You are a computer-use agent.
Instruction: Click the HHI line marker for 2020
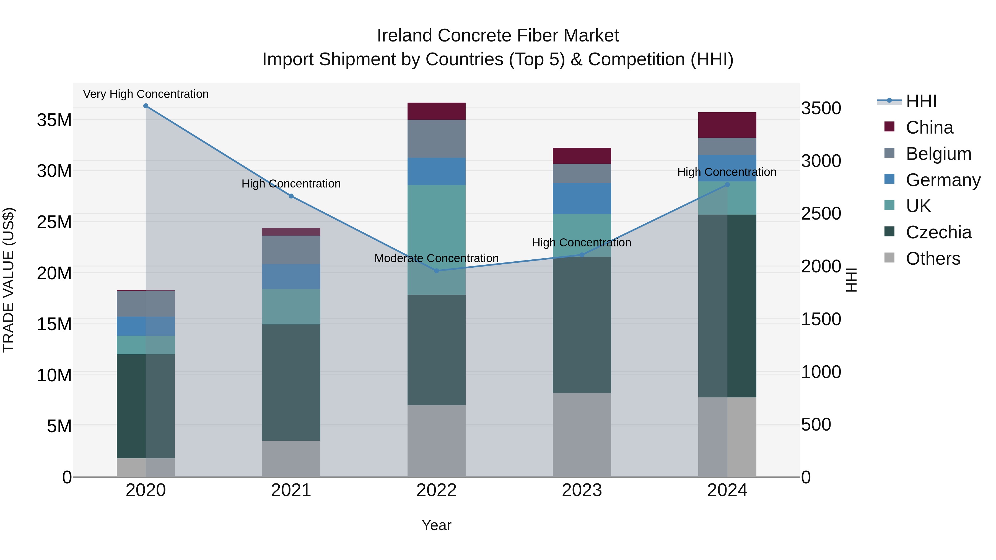[146, 106]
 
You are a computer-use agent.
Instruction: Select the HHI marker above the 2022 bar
[437, 271]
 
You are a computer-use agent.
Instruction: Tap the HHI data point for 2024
[727, 185]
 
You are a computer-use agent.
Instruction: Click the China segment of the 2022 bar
[437, 111]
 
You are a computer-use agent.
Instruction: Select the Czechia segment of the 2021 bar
[291, 383]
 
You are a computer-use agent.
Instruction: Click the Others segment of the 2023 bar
[582, 435]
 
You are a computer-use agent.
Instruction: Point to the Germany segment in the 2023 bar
[582, 199]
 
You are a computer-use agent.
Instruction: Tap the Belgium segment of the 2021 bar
[291, 250]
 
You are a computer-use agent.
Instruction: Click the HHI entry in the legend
[921, 101]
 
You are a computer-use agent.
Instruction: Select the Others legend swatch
[889, 258]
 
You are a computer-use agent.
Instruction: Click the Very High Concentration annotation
[146, 94]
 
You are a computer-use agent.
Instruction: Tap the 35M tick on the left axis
[54, 120]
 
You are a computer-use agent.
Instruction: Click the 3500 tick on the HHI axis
[821, 108]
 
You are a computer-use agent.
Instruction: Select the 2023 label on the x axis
[582, 490]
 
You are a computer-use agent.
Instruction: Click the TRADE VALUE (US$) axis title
[9, 280]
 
